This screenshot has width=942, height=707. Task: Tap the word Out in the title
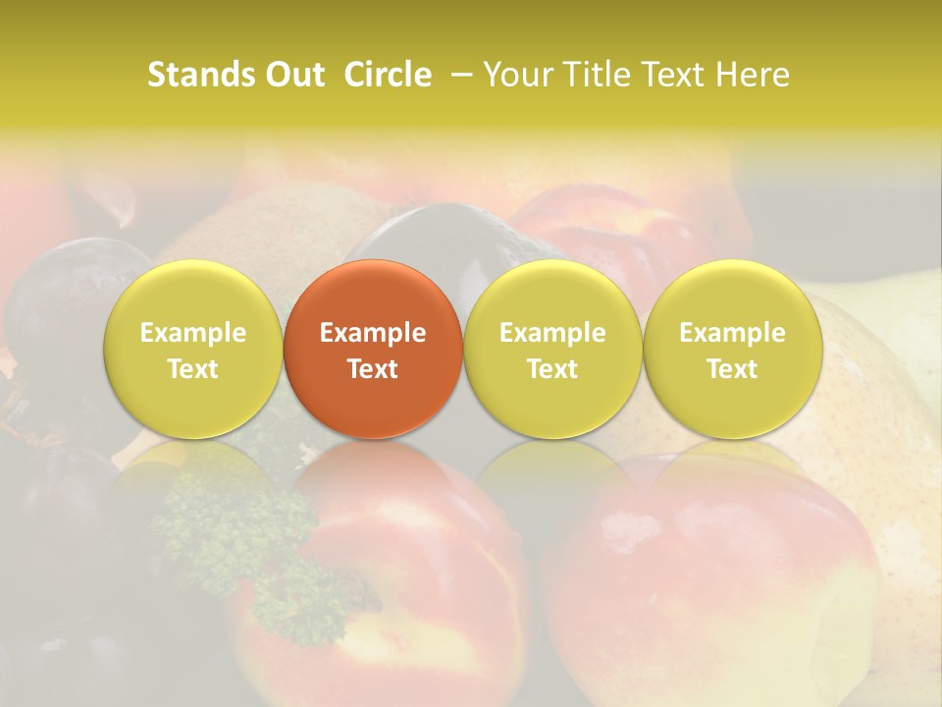pos(292,76)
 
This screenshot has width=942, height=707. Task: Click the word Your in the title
pos(515,76)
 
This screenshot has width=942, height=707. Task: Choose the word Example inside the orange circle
pos(373,334)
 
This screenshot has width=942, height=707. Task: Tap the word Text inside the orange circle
pos(373,369)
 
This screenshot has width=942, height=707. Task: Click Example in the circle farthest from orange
pos(732,334)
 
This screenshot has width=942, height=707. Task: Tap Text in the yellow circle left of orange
pos(192,369)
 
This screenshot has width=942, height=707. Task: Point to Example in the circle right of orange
pos(552,334)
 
